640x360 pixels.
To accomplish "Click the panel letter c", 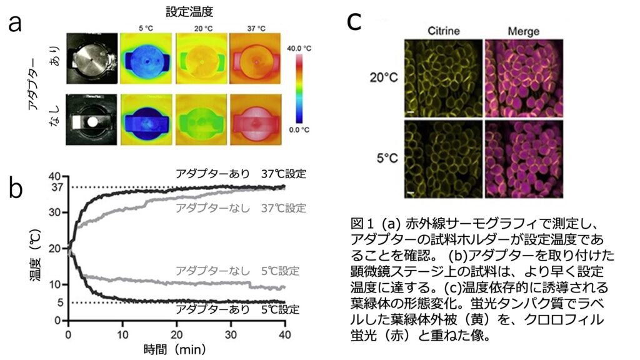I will click(354, 21).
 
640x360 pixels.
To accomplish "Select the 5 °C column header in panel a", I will click(147, 27).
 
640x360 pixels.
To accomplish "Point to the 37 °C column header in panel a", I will click(256, 27).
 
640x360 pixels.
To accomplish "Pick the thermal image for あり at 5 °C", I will click(147, 61).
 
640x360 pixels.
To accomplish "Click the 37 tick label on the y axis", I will click(55, 187).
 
